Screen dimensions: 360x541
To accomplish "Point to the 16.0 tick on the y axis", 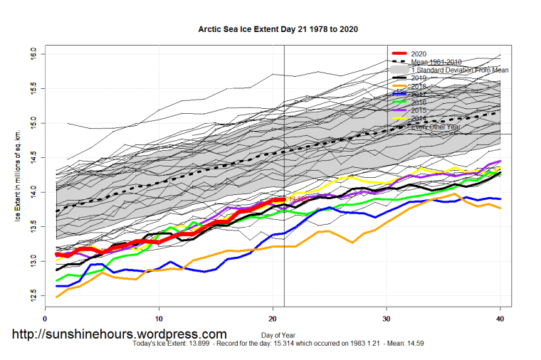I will (x=33, y=54).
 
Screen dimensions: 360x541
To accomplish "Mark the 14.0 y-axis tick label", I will (x=33, y=192).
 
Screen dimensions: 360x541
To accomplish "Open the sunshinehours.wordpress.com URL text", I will (x=119, y=334).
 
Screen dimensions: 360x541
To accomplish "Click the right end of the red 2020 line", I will (x=284, y=200).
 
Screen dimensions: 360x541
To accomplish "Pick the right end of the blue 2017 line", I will (x=500, y=198).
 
